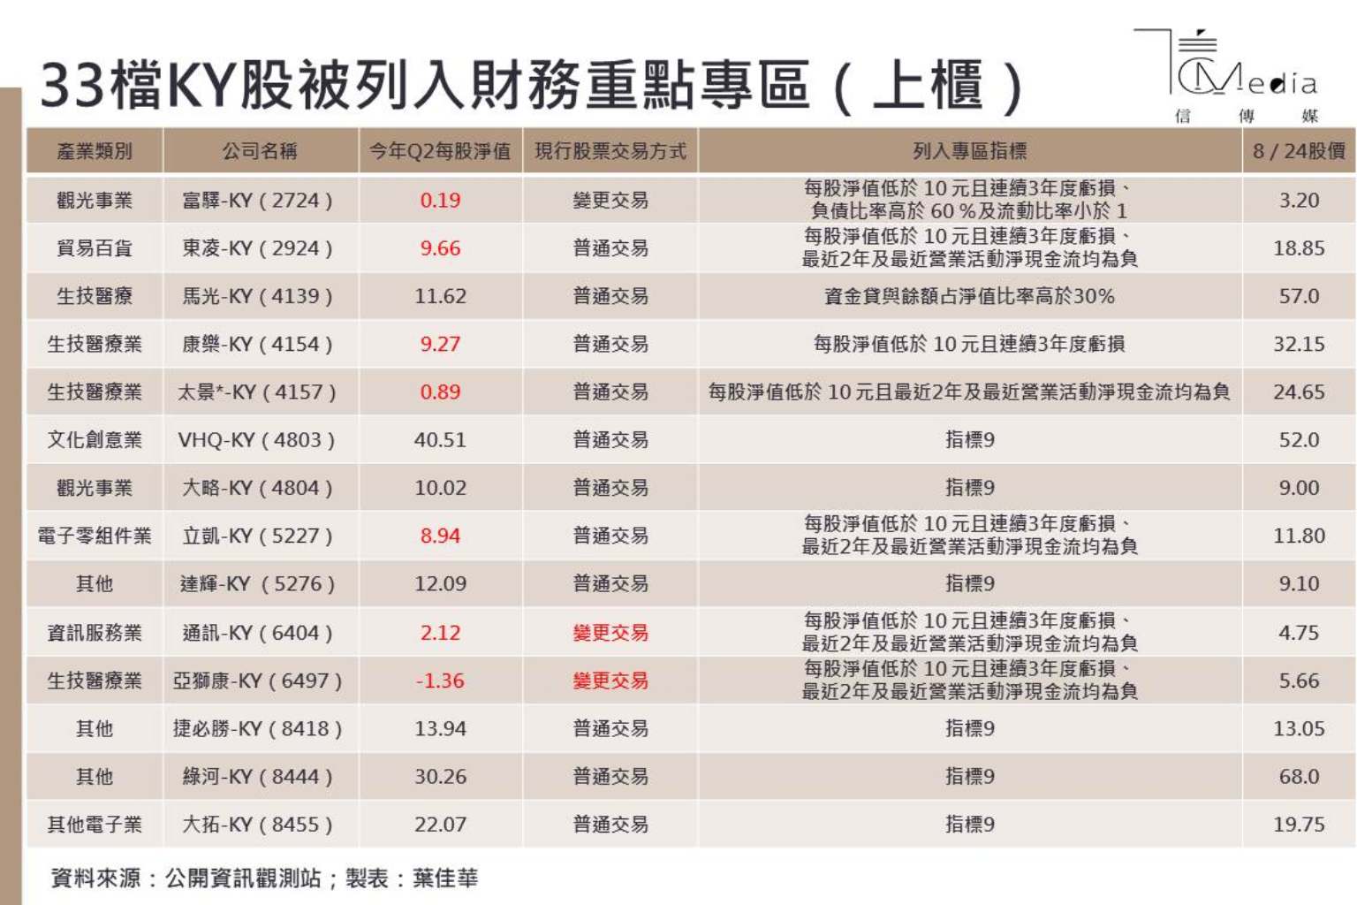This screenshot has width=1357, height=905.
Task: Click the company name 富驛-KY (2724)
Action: pos(257,201)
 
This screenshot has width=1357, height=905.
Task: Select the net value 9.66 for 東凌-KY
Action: pos(440,248)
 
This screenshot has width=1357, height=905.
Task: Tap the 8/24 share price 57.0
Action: pos(1299,296)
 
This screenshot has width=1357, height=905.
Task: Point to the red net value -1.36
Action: pos(440,681)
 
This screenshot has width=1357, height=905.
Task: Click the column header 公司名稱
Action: pos(260,151)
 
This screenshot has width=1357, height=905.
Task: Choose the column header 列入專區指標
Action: pos(969,151)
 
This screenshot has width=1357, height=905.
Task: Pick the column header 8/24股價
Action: pos(1299,151)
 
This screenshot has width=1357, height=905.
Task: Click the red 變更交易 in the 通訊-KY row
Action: pos(610,633)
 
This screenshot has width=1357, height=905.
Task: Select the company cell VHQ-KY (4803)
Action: pos(256,440)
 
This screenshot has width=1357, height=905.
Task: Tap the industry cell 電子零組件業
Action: pos(95,536)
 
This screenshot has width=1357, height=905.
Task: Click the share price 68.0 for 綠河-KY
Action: pos(1299,777)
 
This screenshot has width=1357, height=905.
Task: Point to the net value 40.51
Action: pos(440,440)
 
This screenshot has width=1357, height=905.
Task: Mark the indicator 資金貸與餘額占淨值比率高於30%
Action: pos(969,296)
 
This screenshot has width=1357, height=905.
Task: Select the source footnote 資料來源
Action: pos(95,878)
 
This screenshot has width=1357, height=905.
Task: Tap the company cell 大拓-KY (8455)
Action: pos(257,825)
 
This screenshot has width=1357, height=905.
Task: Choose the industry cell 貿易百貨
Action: pos(95,248)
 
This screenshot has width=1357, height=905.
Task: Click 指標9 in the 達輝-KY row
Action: pos(969,584)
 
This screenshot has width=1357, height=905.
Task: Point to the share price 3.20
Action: pos(1299,201)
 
